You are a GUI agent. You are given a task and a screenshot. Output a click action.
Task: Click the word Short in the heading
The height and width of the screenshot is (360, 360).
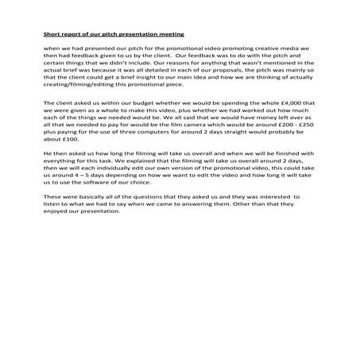[52, 35]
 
